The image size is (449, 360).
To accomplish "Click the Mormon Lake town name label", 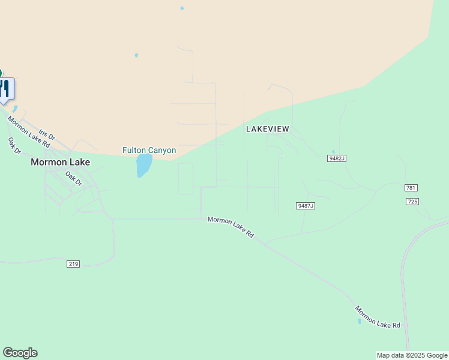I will click(x=60, y=162).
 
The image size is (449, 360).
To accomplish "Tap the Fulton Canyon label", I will click(x=149, y=150).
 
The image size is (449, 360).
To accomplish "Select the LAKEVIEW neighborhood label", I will click(x=268, y=129).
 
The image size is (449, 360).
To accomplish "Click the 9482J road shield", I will click(x=337, y=158).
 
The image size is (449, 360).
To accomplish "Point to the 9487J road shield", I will click(x=306, y=206).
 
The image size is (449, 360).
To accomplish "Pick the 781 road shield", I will click(x=411, y=188).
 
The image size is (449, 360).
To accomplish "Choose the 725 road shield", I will click(x=412, y=202).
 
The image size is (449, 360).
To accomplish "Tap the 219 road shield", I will click(x=73, y=263).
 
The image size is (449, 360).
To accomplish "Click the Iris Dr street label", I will click(x=46, y=133).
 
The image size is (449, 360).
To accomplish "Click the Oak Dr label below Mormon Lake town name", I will click(x=73, y=179).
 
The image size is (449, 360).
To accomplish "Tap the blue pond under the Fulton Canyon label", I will click(x=143, y=165).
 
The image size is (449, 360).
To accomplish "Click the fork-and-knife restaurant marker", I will click(x=5, y=89).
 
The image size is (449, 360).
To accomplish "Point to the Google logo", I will click(x=20, y=353).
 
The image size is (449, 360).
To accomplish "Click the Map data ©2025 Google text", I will click(x=412, y=355).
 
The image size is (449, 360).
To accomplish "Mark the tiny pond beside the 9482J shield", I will click(x=333, y=152).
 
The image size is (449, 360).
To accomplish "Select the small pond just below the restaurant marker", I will click(x=15, y=109).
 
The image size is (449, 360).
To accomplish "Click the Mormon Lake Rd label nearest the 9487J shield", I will click(x=231, y=227).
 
